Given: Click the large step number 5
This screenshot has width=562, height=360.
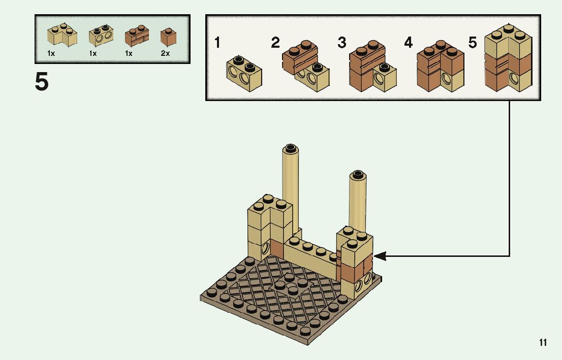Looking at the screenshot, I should (42, 82).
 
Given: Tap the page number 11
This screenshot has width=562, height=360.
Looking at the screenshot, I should (543, 343).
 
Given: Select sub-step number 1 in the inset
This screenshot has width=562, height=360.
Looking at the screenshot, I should (217, 43).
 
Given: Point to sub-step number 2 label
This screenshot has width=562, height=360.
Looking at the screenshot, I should (275, 43).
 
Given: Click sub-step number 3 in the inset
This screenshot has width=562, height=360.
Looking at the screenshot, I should (342, 43).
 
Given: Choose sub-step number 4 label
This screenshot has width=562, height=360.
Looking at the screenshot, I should (408, 43).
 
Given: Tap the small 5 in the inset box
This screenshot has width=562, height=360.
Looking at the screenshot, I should (473, 43).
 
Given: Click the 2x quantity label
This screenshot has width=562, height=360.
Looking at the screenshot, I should (165, 53).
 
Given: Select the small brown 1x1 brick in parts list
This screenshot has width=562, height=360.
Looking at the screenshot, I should (166, 36).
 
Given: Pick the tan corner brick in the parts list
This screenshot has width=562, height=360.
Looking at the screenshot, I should (62, 35).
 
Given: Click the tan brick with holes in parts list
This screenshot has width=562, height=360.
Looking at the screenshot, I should (101, 36).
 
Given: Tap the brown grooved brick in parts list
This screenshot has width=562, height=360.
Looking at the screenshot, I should (137, 36).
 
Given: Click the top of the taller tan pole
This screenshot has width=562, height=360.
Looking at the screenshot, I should (290, 149).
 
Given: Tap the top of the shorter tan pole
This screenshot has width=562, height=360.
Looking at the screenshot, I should (357, 175).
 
